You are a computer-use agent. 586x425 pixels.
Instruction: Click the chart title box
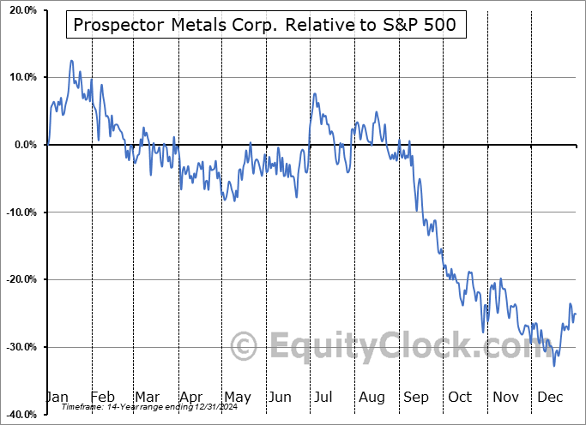point(266,25)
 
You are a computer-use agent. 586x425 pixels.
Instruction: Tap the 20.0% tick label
point(21,10)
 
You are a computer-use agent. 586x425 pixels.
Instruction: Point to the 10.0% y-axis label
point(21,77)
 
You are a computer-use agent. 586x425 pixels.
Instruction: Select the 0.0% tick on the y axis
point(24,145)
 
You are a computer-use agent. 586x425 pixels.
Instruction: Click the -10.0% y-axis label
point(20,212)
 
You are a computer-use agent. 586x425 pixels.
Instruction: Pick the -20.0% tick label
point(20,279)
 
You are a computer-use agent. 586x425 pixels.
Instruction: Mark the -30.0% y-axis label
point(20,347)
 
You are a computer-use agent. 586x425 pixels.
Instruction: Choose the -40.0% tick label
point(20,414)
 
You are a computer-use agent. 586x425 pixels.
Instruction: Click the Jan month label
point(57,397)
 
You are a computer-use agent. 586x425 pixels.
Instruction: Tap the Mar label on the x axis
point(148,397)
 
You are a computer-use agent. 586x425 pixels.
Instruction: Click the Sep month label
point(415,397)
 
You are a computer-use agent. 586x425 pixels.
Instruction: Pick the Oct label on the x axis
point(460,397)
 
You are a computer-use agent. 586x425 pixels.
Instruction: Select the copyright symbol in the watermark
point(245,347)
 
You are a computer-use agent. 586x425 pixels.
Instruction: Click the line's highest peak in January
point(71,61)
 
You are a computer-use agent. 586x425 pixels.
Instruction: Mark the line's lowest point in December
point(554,366)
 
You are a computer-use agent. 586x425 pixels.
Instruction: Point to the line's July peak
point(315,93)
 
